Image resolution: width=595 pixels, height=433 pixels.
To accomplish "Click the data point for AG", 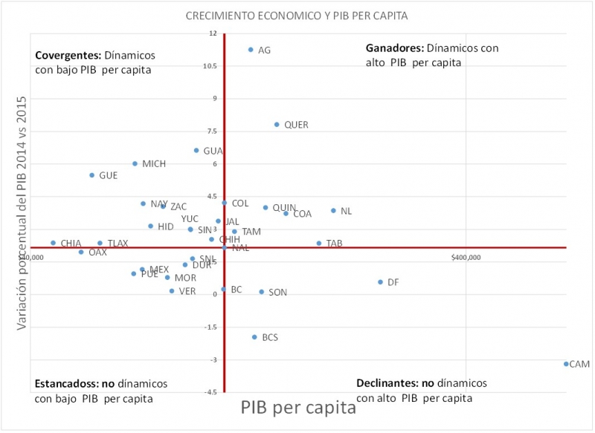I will click(x=251, y=50).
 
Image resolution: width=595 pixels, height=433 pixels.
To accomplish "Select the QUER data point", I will click(x=277, y=125).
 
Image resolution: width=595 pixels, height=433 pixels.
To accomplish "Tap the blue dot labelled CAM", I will click(x=566, y=364).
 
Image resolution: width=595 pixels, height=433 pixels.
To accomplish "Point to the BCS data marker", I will click(x=254, y=337).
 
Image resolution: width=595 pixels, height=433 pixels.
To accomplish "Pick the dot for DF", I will click(x=380, y=282).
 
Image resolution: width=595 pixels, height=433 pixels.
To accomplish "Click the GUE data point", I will click(x=92, y=175).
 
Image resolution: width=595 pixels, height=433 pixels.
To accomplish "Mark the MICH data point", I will click(x=135, y=163).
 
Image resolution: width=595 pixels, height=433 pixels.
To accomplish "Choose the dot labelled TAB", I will click(x=319, y=243).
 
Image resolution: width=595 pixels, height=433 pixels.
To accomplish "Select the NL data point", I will click(x=333, y=211).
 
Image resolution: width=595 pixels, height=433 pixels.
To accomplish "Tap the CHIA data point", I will click(x=53, y=243).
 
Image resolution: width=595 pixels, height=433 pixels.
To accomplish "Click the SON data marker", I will click(x=261, y=292).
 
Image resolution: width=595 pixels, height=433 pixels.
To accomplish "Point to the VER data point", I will click(x=172, y=291).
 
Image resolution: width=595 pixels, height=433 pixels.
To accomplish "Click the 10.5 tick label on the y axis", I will click(x=212, y=66).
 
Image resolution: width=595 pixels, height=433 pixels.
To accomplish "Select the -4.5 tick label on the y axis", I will click(x=212, y=392).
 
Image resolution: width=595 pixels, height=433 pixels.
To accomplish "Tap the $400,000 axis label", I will click(x=466, y=258).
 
